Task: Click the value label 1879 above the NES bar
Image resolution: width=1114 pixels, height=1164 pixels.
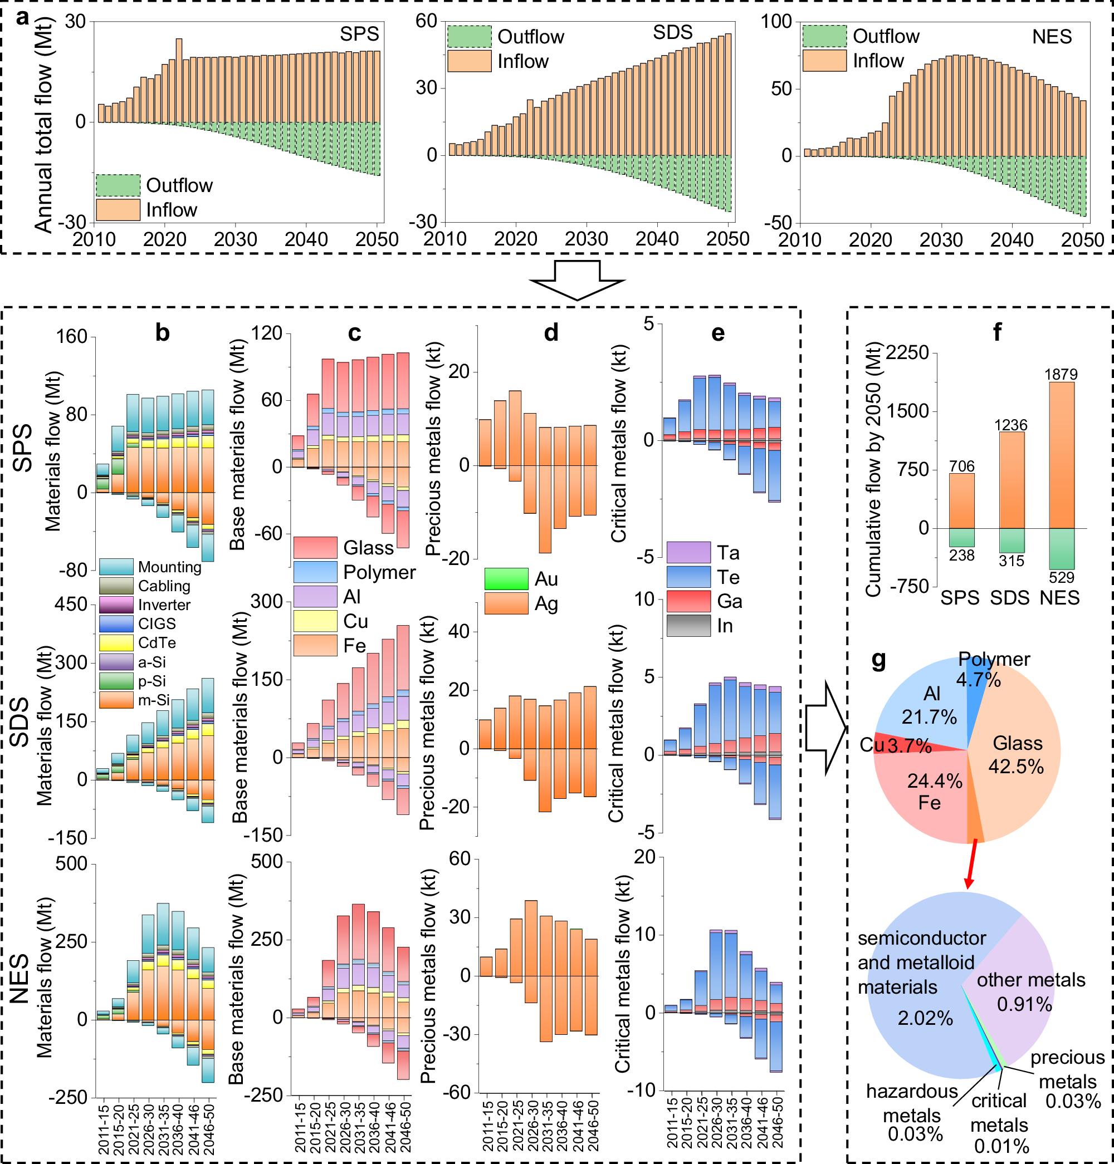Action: (1061, 375)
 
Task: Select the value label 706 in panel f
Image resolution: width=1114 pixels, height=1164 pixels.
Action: (961, 466)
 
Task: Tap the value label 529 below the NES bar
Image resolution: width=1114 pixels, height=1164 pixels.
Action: (1061, 578)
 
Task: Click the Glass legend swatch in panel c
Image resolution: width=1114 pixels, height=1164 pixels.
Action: (315, 547)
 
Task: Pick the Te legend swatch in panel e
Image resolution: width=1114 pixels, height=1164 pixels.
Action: (688, 577)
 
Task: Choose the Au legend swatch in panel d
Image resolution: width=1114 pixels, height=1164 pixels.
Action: (506, 579)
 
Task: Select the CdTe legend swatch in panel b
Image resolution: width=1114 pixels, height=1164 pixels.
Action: (116, 643)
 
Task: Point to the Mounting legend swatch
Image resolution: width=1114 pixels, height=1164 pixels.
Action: (116, 567)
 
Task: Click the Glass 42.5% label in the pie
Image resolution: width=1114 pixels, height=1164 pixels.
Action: (1017, 754)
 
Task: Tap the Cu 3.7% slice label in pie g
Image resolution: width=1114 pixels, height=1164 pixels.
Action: (896, 745)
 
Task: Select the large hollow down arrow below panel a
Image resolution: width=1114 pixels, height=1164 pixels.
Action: (576, 279)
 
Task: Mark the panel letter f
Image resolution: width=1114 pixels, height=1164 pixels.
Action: (997, 332)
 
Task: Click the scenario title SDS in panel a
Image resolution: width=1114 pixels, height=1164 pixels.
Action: (672, 32)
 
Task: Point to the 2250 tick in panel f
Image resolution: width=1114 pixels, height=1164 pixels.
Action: (907, 352)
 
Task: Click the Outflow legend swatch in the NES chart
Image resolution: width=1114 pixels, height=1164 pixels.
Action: (824, 36)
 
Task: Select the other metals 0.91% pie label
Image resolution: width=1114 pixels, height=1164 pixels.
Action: (1030, 992)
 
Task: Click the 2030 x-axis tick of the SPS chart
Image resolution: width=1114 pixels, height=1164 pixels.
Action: (235, 239)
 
